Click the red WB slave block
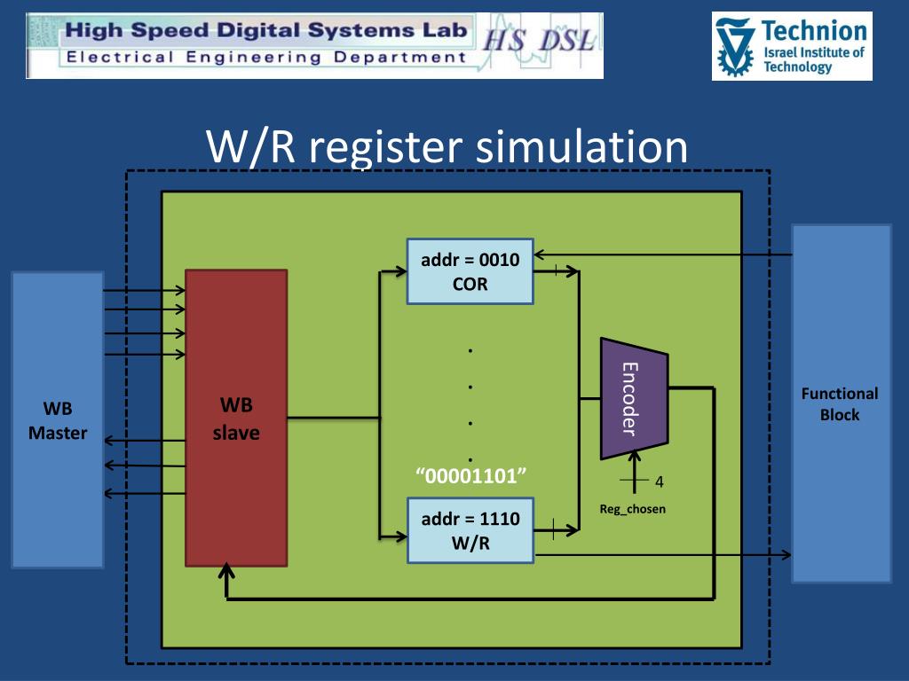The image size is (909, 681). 236,418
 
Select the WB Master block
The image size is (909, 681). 58,419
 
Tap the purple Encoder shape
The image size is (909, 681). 634,398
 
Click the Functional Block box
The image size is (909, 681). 842,403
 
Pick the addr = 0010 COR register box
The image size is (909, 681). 470,271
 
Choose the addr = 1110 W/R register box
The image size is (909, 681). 470,530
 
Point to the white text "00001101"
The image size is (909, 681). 470,476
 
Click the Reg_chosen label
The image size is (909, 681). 632,509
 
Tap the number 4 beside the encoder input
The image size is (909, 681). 660,481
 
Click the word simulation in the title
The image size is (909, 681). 581,146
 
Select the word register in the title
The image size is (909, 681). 385,149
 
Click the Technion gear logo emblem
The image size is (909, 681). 734,46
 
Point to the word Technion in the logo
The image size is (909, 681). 814,31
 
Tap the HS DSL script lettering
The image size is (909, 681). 539,41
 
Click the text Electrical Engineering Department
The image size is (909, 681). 266,58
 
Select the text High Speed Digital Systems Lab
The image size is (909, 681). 266,30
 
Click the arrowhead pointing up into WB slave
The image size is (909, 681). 226,572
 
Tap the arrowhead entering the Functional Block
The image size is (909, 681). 786,555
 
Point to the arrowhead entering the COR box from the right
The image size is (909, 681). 539,254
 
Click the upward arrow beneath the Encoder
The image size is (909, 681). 635,472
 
